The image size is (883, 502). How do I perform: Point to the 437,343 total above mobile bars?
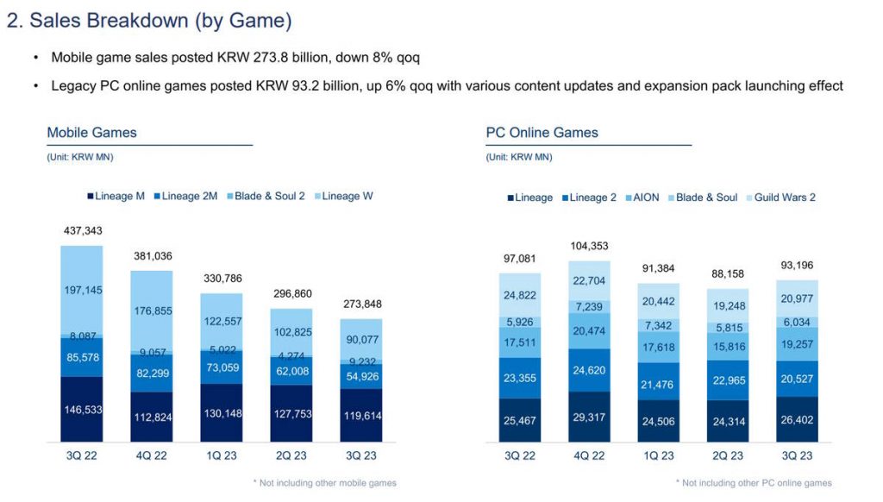81,232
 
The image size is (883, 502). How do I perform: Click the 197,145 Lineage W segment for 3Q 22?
81,291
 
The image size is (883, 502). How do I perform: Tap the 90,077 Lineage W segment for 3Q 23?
362,338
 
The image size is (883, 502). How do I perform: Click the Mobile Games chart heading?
91,133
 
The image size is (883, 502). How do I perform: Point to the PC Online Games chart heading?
542,133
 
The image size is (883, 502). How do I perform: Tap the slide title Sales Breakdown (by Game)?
148,21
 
